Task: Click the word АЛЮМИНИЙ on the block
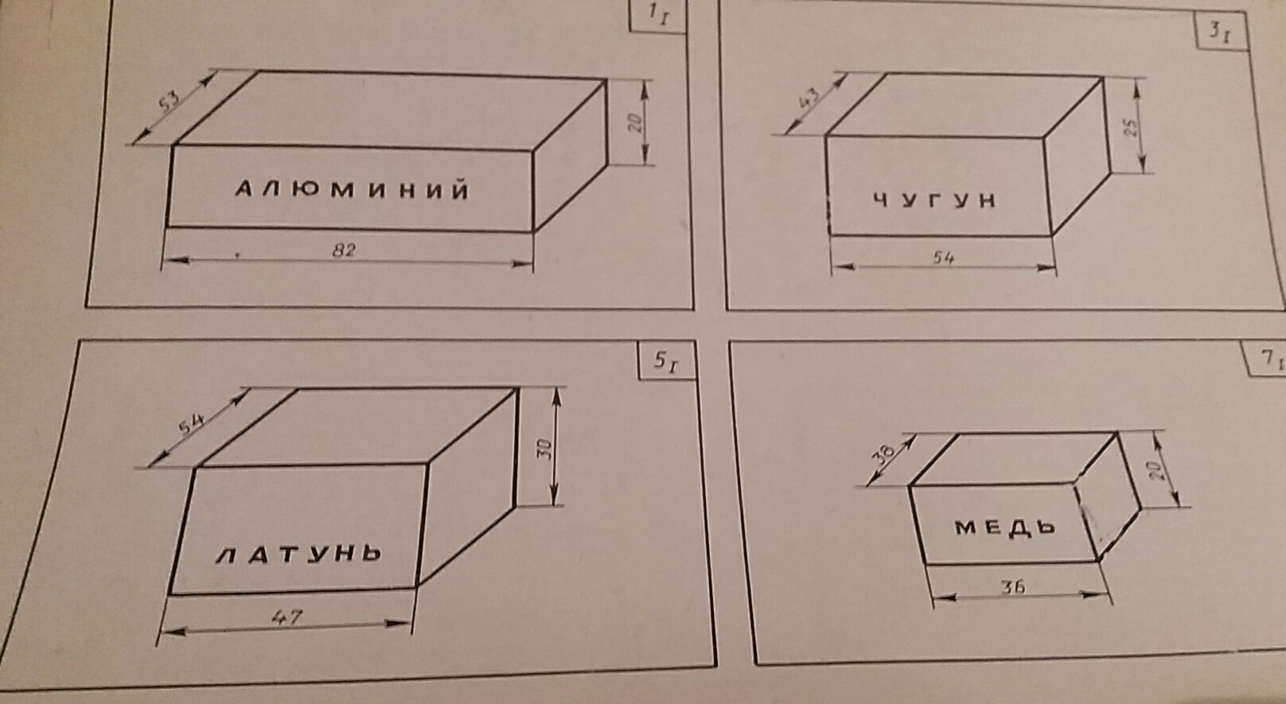(353, 190)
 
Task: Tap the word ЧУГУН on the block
(934, 200)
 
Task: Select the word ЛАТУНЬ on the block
(299, 554)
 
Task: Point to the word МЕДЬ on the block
(1005, 526)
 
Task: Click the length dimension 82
(344, 250)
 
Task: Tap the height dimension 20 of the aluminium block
(634, 123)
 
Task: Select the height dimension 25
(1131, 126)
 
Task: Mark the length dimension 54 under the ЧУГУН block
(943, 257)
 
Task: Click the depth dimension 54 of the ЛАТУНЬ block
(190, 424)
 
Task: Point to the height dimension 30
(544, 449)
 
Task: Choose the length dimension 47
(286, 616)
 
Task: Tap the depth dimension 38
(884, 454)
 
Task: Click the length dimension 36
(1013, 587)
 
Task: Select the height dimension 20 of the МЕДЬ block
(1158, 469)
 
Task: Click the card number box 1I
(657, 16)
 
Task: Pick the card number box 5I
(666, 362)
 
